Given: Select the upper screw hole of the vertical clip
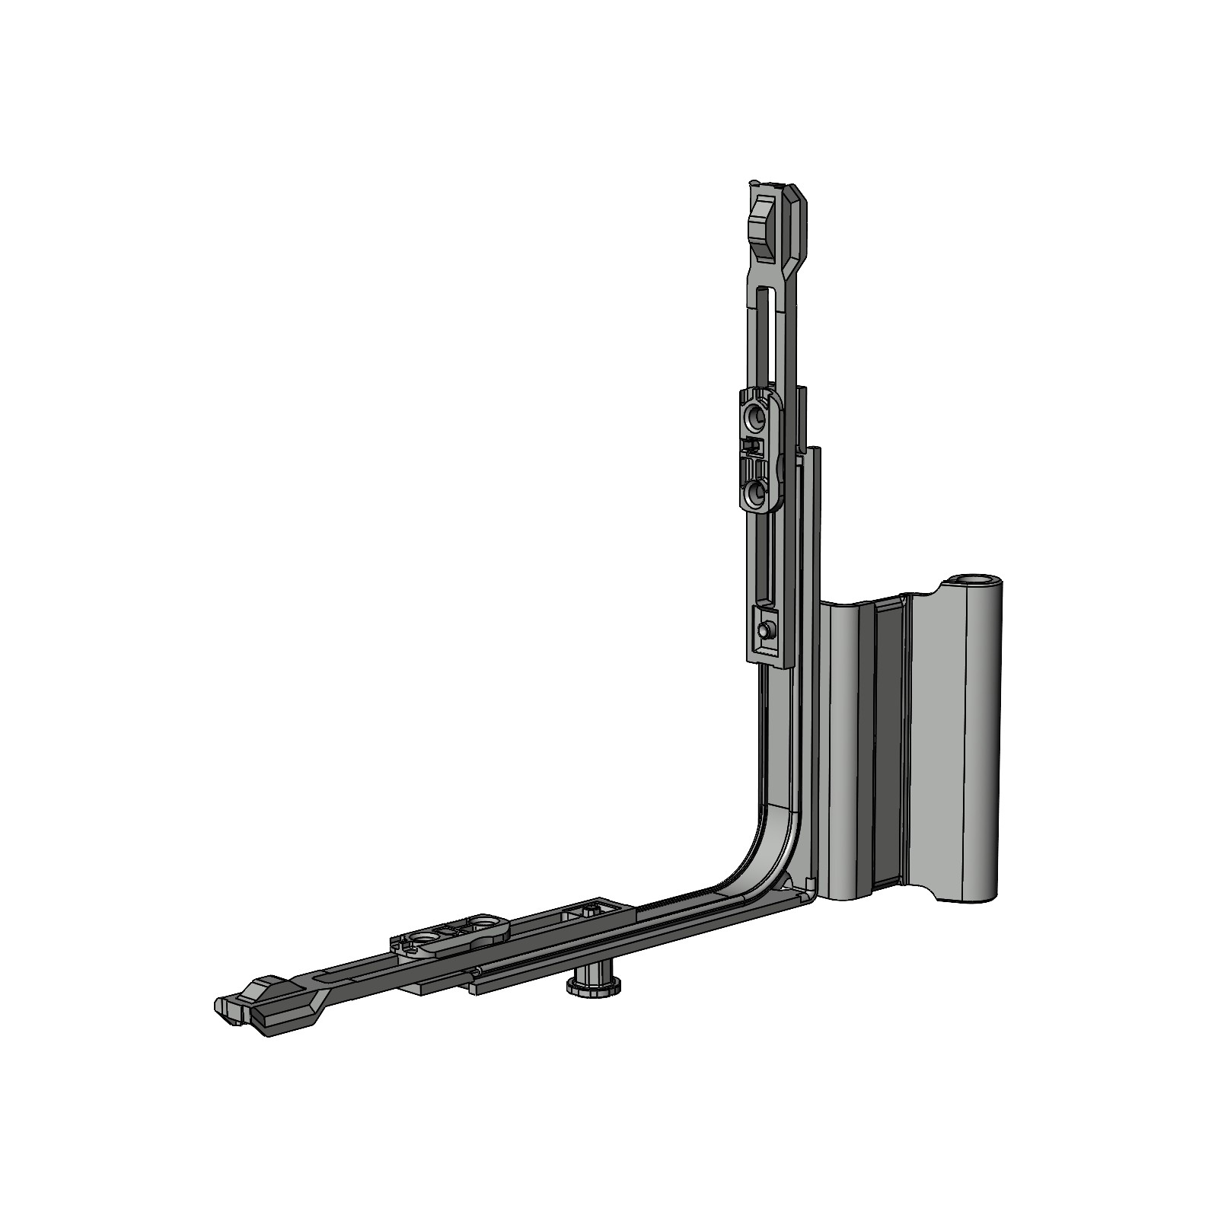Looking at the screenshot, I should click(757, 416).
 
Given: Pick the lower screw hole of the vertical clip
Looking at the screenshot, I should click(757, 494).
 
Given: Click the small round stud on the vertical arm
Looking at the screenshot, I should click(765, 630).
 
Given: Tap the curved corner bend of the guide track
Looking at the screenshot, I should click(769, 853).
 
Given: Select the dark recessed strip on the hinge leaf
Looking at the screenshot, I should click(885, 746).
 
